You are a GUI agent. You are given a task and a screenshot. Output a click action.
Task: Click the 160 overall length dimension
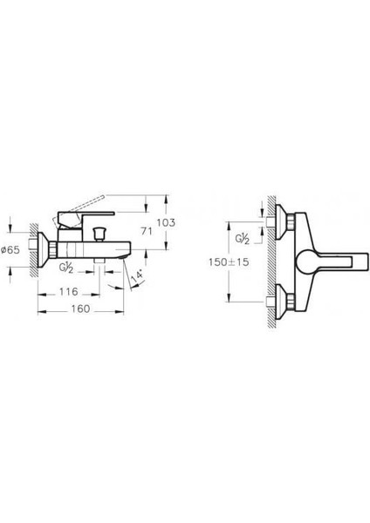pyautogui.click(x=79, y=308)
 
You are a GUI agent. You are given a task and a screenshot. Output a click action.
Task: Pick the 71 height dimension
pyautogui.click(x=147, y=232)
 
